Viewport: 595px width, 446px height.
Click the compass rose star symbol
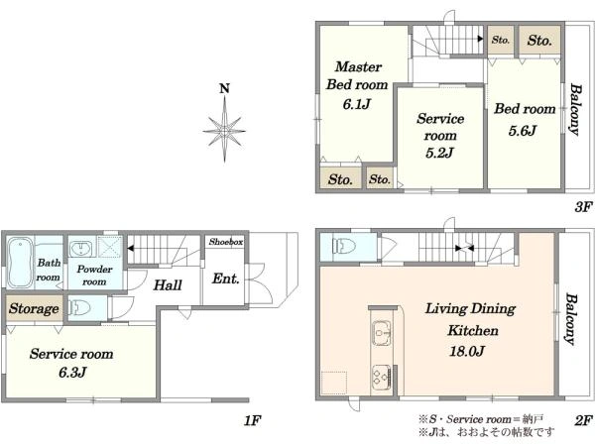click(224, 130)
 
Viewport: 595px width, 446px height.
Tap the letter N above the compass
click(225, 88)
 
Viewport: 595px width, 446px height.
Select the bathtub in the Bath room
click(21, 263)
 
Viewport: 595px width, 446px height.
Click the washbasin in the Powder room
click(80, 248)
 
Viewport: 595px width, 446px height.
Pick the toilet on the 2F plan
click(344, 246)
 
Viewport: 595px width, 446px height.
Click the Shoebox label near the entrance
click(226, 242)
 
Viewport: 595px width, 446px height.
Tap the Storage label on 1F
click(34, 308)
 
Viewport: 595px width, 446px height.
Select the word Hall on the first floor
click(168, 284)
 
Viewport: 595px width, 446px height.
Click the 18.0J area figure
click(467, 351)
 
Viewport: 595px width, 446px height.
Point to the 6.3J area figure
click(72, 373)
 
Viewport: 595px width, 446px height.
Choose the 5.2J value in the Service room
click(439, 153)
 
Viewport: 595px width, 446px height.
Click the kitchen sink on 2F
click(382, 333)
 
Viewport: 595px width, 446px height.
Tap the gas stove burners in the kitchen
click(382, 377)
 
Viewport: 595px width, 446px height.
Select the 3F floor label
click(583, 207)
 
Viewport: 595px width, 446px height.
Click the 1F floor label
click(252, 420)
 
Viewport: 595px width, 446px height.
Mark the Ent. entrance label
click(226, 279)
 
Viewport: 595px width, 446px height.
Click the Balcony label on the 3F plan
click(575, 110)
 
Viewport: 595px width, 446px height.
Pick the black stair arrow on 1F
click(131, 249)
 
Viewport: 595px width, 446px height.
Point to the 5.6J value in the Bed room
click(523, 131)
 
